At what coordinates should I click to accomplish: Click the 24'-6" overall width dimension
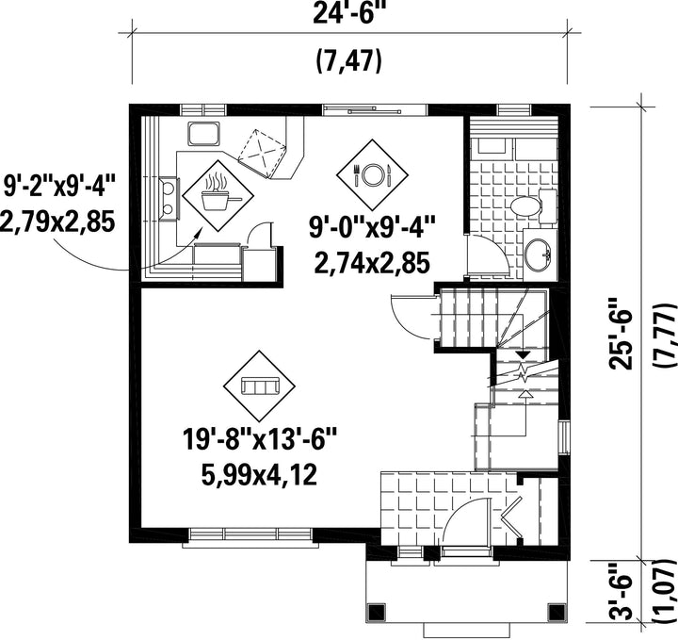(349, 14)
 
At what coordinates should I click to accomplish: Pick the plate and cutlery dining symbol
(372, 174)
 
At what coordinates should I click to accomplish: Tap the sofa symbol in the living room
(260, 386)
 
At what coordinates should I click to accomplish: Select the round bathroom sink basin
(538, 254)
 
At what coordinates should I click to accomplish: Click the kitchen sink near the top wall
(203, 133)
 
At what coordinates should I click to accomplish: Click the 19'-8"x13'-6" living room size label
(260, 440)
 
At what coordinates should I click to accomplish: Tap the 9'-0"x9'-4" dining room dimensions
(372, 228)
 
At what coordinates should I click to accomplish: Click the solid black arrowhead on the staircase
(524, 354)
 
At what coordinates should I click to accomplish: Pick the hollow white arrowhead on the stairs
(525, 393)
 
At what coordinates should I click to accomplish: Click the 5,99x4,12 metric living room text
(260, 474)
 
